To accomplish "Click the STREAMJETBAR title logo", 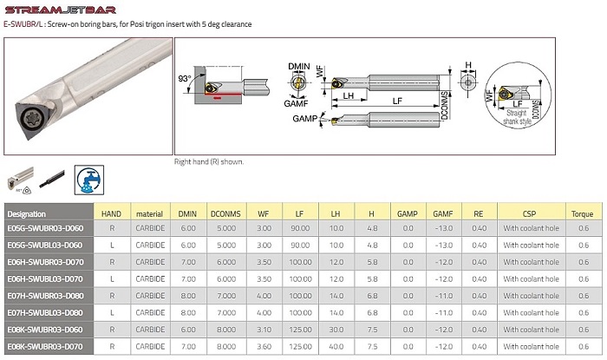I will click(58, 8).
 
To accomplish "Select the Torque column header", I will click(581, 213).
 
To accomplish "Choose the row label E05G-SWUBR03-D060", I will click(45, 229).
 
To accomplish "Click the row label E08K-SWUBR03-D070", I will click(45, 344).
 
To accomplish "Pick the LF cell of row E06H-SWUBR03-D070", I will click(300, 262).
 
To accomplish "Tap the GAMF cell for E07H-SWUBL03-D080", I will click(443, 311).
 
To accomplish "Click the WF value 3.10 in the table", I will click(264, 328).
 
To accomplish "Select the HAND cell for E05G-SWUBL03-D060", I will click(111, 245).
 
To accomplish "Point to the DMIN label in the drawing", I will click(298, 66).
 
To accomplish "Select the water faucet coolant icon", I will click(88, 178).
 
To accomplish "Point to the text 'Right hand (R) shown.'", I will click(209, 161).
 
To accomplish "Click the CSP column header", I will click(529, 213).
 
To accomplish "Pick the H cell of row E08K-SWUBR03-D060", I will click(372, 328).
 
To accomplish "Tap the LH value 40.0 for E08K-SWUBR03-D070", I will click(336, 344).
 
